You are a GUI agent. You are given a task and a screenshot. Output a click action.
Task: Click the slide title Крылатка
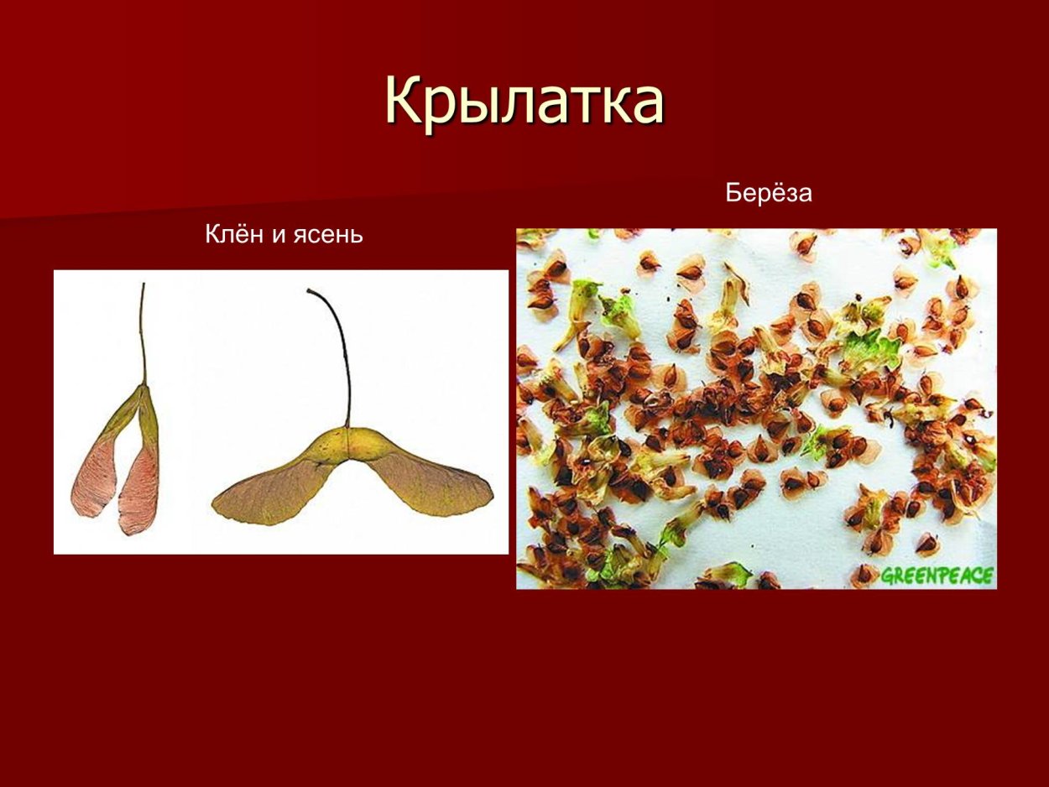(524, 102)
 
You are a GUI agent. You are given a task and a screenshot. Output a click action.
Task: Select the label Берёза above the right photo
(769, 193)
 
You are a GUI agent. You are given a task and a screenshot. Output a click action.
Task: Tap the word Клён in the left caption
(233, 235)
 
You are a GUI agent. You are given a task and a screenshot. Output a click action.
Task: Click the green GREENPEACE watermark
(937, 576)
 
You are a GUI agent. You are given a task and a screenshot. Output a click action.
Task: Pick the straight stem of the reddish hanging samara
(143, 336)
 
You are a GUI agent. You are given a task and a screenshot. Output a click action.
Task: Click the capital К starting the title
(404, 102)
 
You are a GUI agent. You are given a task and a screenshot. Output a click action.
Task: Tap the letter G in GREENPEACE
(886, 576)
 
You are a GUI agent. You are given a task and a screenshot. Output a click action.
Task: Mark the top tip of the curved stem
(310, 291)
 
